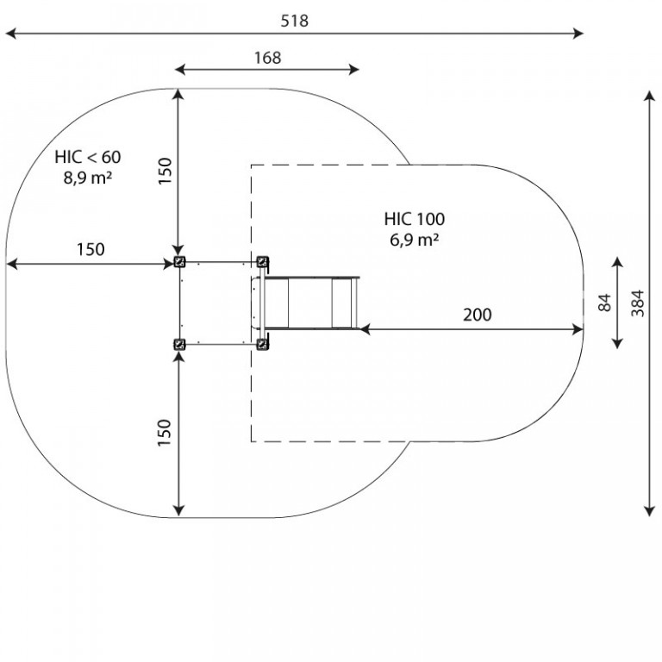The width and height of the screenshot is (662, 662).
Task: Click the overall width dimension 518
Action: point(295,21)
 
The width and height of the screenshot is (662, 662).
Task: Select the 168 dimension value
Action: point(268,58)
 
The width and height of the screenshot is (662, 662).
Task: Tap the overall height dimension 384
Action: point(638,303)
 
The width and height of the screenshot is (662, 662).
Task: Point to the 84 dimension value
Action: point(604,303)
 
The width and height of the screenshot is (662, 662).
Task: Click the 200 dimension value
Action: point(477,315)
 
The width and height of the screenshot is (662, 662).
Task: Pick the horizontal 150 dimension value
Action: point(91,249)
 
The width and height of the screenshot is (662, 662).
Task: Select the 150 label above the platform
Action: point(165,171)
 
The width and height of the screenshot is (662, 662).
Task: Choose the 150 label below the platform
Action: point(165,433)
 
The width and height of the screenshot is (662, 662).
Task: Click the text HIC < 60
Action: point(88,157)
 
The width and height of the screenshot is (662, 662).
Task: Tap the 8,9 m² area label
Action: point(88,178)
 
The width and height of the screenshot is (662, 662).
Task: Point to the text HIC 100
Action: point(414,219)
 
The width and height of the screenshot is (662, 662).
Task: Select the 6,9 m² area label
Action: point(414,240)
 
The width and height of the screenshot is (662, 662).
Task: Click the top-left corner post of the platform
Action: point(180,262)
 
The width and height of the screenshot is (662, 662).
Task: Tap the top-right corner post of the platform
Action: point(263,262)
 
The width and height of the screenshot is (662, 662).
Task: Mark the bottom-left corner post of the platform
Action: point(180,345)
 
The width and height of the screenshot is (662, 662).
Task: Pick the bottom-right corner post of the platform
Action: point(263,345)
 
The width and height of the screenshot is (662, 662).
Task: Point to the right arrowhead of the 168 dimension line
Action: point(353,70)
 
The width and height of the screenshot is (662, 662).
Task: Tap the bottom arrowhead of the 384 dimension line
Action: point(649,511)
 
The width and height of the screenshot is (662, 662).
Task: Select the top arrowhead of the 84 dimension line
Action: point(618,263)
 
